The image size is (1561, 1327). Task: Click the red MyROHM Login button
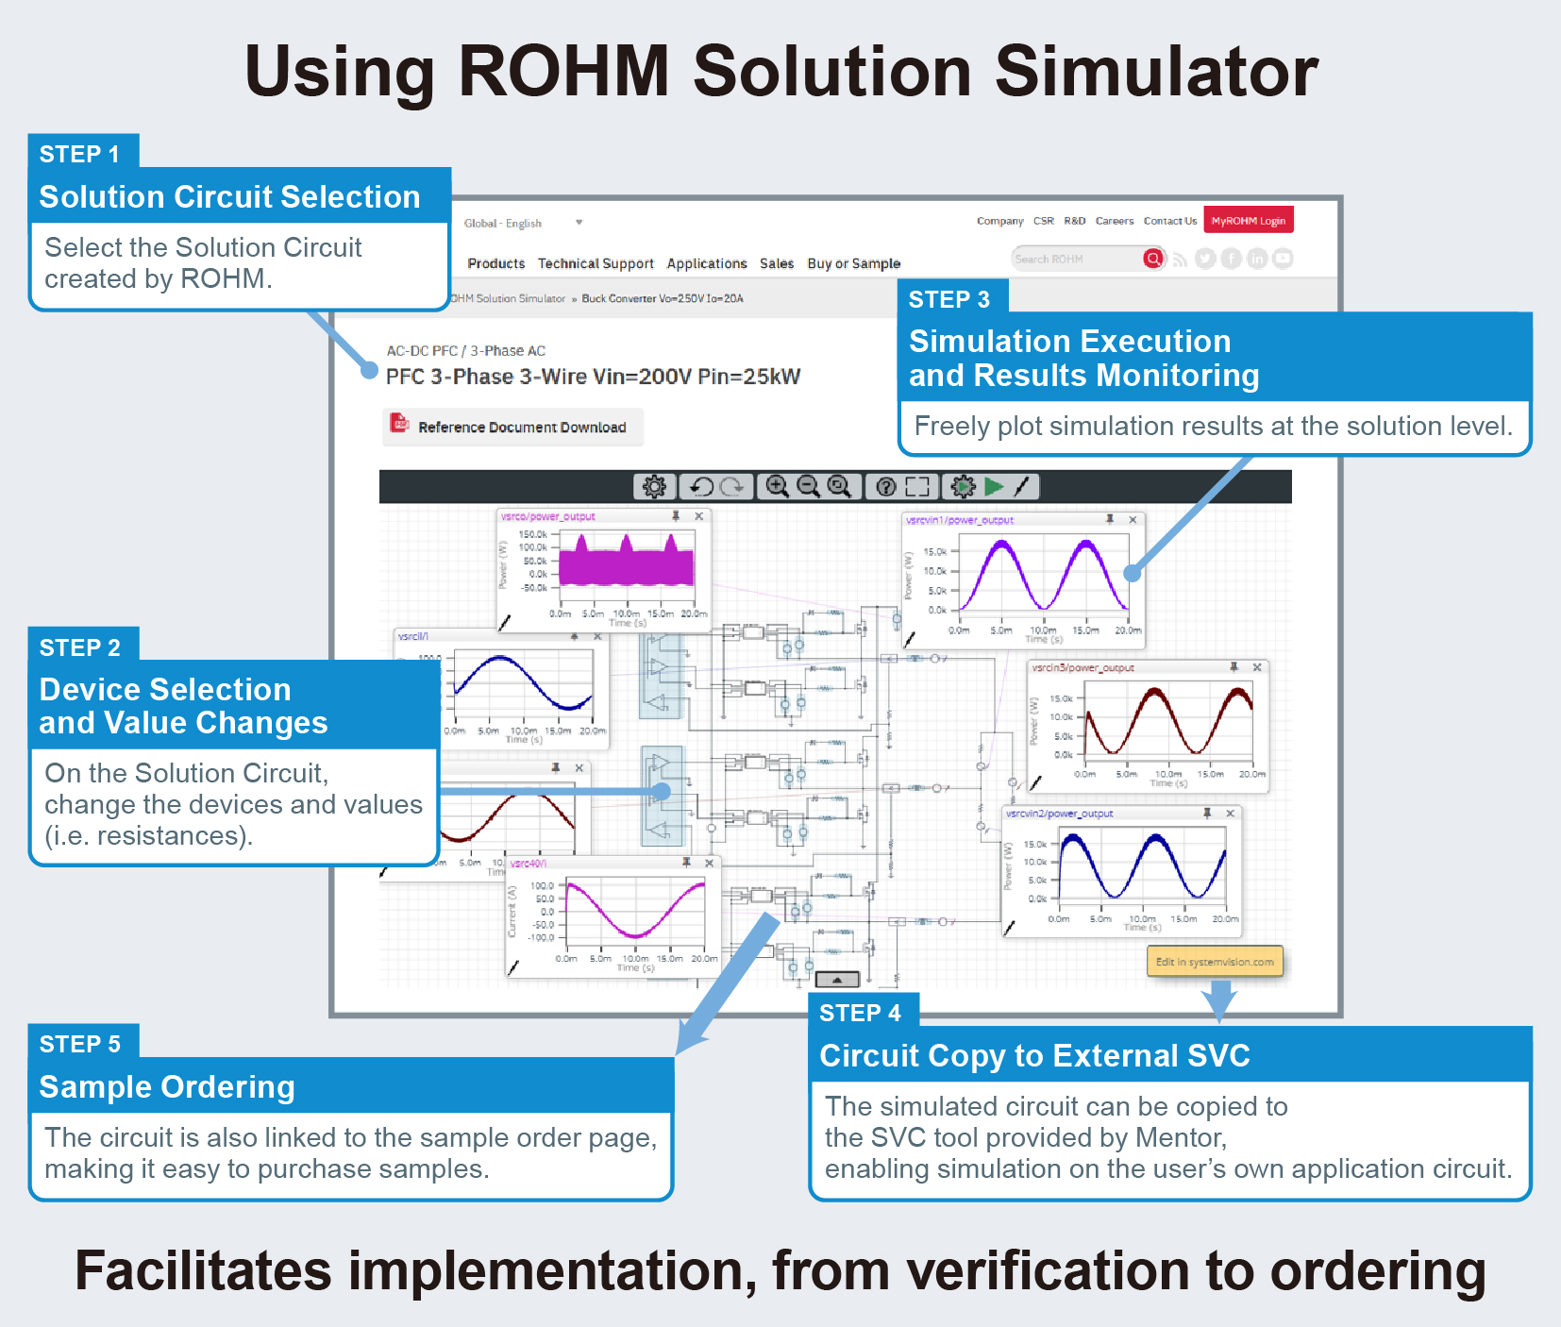coord(1248,221)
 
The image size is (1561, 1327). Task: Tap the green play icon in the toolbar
coord(994,486)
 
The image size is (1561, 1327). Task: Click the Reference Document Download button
coord(512,427)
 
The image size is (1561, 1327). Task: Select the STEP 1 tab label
coord(80,153)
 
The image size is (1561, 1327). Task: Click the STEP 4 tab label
coord(860,1013)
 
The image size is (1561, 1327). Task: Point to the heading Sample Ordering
coord(167,1087)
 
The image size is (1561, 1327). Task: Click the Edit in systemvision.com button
coord(1214,962)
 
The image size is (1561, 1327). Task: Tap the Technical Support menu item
coord(596,263)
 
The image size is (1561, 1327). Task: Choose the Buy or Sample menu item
coord(853,263)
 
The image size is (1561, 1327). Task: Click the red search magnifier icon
coord(1152,259)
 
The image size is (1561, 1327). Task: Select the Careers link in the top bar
coord(1114,221)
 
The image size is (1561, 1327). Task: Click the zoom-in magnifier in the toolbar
coord(777,486)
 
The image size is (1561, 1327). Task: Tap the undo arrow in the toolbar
coord(701,486)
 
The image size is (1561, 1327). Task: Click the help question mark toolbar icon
coord(885,486)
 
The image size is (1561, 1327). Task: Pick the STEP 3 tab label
coord(948,299)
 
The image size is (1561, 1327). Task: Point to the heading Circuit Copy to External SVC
coord(1034,1055)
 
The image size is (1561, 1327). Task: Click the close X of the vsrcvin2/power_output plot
coord(1230,813)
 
